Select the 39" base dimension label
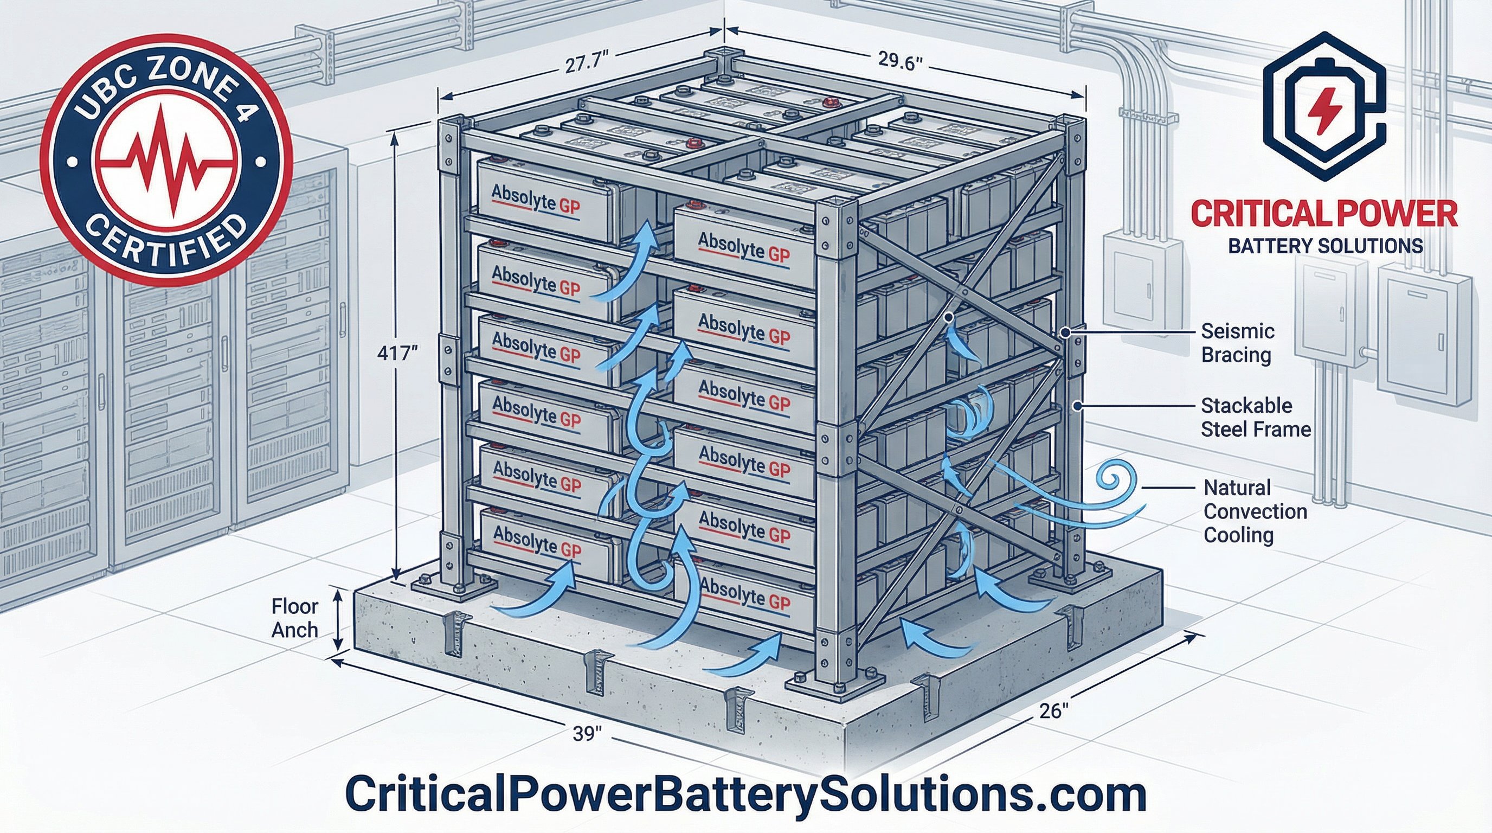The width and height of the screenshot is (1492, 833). [588, 733]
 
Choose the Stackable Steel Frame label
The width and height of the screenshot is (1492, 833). [1256, 417]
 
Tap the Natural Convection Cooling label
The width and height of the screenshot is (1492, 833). [1255, 511]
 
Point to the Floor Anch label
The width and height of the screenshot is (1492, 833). [295, 618]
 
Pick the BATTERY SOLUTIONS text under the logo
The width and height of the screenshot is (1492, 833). [1325, 246]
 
